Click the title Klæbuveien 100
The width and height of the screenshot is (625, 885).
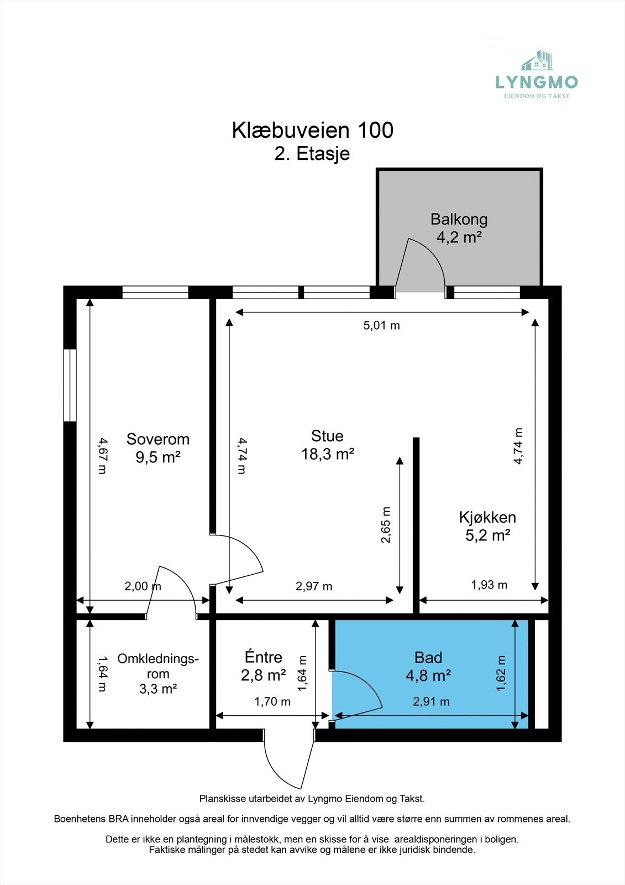tap(312, 131)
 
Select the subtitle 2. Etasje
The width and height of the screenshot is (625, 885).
tap(312, 153)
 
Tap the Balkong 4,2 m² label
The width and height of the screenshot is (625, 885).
tap(459, 228)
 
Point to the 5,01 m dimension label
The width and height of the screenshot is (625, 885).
tap(381, 325)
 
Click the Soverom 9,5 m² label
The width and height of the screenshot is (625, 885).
tap(158, 448)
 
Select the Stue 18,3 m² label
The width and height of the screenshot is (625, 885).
tap(327, 445)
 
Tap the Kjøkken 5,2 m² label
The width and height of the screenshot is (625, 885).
tap(487, 526)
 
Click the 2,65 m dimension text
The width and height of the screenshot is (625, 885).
tap(386, 525)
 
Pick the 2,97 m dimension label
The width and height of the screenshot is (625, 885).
tap(314, 586)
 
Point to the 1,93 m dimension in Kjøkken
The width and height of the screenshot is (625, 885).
tap(489, 585)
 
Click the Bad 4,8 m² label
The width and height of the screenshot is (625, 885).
tap(428, 666)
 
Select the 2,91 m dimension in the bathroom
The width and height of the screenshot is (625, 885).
tap(431, 701)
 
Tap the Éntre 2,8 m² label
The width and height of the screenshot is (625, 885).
tap(263, 666)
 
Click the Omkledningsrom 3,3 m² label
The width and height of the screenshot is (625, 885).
tap(157, 674)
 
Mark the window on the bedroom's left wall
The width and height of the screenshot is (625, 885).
tap(70, 385)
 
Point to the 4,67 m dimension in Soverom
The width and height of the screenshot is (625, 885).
tap(102, 455)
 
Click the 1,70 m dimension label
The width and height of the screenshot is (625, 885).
tap(272, 701)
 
